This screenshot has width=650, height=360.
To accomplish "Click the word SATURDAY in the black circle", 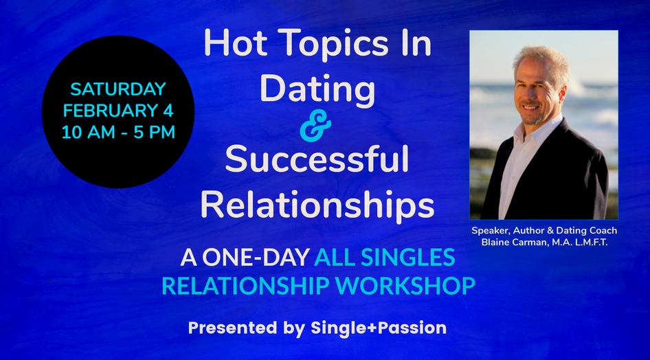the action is click(x=118, y=89).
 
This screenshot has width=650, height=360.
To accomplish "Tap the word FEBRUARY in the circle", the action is click(x=106, y=111).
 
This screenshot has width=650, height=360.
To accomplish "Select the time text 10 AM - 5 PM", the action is click(x=118, y=133).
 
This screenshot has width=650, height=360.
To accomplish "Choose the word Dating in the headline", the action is click(x=317, y=89).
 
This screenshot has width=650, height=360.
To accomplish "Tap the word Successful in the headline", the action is click(x=317, y=159).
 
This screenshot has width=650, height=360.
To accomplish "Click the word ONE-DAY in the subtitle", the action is click(x=256, y=257).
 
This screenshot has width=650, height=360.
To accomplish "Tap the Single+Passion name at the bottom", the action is click(x=379, y=328).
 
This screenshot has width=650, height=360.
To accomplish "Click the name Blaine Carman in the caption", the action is click(x=515, y=243).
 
